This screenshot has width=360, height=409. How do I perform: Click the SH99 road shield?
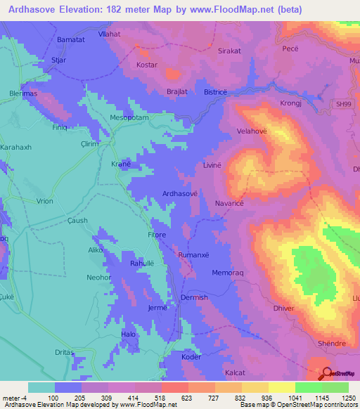341,104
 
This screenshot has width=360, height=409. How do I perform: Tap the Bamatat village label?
70,39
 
